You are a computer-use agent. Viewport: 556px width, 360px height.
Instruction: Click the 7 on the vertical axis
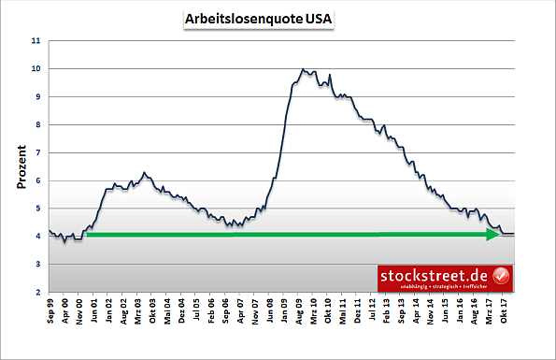(x=37, y=152)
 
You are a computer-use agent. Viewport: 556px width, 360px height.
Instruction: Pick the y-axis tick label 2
(x=37, y=293)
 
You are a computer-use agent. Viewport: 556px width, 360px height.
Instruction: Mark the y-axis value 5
(x=37, y=209)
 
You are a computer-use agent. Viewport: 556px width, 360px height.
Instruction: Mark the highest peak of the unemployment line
(x=303, y=69)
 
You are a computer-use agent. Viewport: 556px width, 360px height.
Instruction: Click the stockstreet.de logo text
(x=434, y=275)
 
